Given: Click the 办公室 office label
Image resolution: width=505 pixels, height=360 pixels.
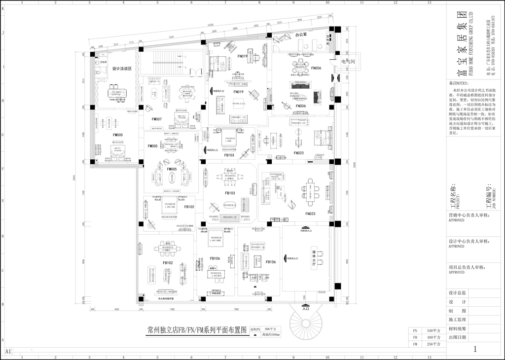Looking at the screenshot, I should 301,36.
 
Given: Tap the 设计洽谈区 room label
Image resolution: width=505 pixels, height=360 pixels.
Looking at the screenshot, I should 121,69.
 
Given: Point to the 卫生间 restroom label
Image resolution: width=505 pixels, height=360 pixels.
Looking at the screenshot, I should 104,63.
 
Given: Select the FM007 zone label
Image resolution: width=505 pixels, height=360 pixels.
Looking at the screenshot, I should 157,119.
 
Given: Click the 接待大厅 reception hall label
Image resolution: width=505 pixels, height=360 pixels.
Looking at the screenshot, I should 314,257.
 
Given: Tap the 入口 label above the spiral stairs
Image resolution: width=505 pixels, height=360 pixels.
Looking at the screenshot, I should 306,309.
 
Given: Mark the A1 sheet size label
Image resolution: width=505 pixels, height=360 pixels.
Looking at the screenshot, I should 8,352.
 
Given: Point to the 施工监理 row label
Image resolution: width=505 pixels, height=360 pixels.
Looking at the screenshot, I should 457,320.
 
